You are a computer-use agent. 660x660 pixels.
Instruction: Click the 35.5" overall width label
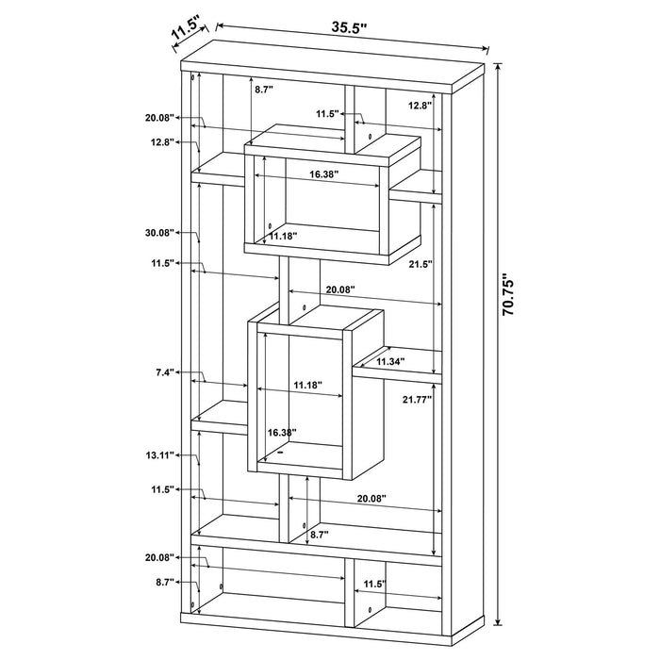(x=349, y=27)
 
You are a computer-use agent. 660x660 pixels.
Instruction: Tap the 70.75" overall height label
(x=508, y=294)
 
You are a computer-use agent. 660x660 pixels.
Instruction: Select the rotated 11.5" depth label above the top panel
(x=185, y=28)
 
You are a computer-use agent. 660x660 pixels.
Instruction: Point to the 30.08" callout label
(x=159, y=232)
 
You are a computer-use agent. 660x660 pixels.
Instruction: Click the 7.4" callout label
(x=165, y=372)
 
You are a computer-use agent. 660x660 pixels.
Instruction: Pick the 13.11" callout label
(x=159, y=455)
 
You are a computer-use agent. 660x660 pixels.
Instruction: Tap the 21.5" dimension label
(x=421, y=264)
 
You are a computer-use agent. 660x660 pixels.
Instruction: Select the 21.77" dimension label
(x=417, y=400)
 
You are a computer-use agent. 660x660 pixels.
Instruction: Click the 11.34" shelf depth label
(x=390, y=361)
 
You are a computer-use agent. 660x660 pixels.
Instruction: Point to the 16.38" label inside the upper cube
(x=324, y=174)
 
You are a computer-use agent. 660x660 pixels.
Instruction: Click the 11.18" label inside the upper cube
(x=283, y=236)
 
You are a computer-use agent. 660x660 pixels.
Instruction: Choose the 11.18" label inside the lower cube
(x=307, y=385)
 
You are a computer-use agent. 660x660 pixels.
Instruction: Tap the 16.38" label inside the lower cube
(x=283, y=432)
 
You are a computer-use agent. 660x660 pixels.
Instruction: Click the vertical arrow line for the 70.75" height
(x=499, y=344)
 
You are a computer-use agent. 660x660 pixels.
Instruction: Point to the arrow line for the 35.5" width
(x=353, y=37)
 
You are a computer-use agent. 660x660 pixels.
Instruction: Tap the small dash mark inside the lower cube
(x=280, y=453)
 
